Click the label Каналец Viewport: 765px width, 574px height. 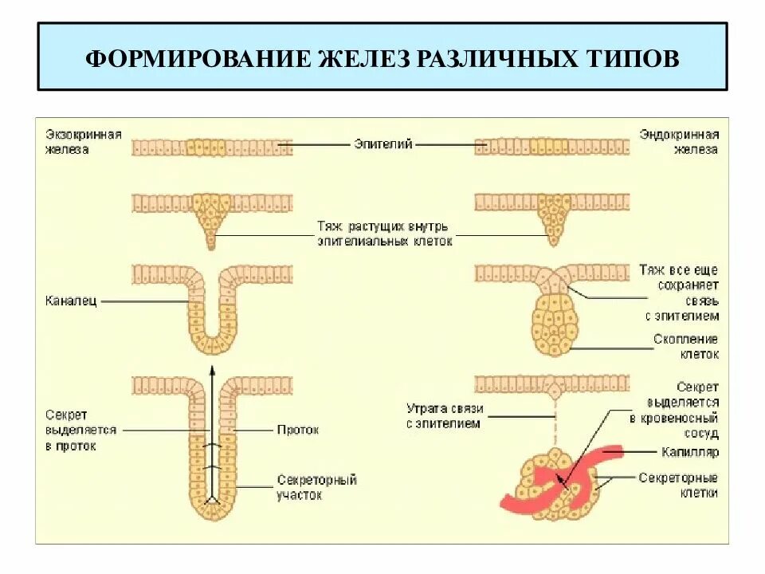coord(70,302)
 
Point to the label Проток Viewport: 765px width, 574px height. coord(298,430)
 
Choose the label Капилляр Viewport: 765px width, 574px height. coord(690,452)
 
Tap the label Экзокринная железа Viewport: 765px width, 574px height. coord(83,141)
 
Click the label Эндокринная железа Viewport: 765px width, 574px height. coord(679,141)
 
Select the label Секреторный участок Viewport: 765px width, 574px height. coord(316,487)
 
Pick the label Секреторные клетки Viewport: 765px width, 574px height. coord(678,485)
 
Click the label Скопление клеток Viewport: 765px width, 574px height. coord(686,347)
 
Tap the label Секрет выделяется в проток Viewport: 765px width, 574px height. coord(80,430)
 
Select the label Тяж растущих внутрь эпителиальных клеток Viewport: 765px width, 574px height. coord(384,233)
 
